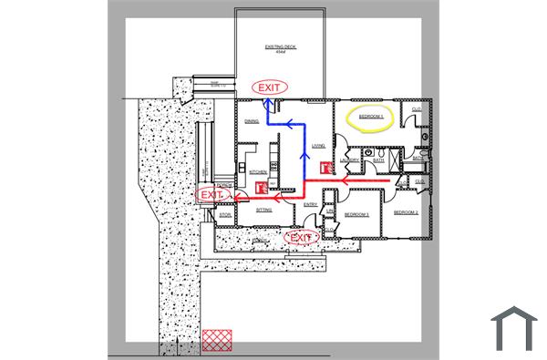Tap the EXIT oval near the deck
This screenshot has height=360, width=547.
pos(270,87)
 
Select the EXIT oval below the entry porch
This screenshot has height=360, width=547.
pos(302,238)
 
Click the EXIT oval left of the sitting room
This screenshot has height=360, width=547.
pos(211,195)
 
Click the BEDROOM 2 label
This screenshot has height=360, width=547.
pos(406,211)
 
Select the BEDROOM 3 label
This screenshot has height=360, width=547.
pos(356,215)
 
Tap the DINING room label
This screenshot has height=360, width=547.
pos(253,120)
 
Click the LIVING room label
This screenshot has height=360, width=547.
pos(318,145)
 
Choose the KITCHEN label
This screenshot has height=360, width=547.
pos(258,171)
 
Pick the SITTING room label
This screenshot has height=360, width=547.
pos(264,210)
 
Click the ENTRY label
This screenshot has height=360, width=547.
pos(310,204)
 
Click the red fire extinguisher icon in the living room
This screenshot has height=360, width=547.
pos(325,168)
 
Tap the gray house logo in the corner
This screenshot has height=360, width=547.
pos(513,327)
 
